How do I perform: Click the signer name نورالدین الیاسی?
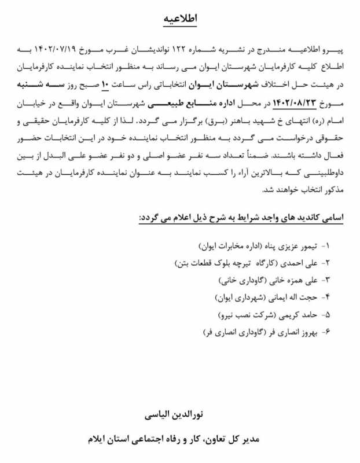tap(179, 416)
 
